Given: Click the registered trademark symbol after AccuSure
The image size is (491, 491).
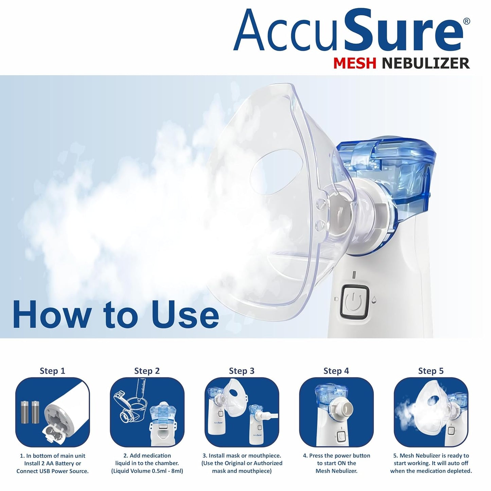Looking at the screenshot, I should click(467, 21).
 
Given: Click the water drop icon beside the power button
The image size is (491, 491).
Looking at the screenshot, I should click(374, 299).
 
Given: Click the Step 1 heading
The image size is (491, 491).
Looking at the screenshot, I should click(52, 371).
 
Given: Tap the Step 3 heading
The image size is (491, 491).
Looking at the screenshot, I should click(242, 371).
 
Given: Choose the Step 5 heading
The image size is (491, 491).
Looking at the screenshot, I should click(431, 371).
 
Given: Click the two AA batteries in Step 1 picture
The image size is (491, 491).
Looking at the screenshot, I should click(29, 411).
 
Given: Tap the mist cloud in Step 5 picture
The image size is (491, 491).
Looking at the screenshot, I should click(408, 416).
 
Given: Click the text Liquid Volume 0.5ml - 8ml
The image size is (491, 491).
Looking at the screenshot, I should click(147, 471).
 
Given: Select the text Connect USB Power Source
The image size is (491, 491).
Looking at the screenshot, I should click(52, 471).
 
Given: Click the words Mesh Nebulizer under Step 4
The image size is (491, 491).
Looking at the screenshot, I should click(336, 471).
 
